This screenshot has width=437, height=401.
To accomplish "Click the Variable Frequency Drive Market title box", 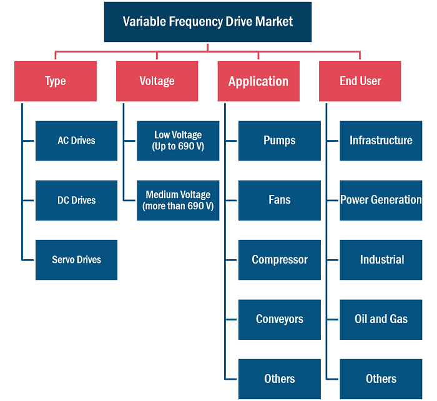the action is coord(208,22).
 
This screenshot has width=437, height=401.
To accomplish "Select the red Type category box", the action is coord(56,81).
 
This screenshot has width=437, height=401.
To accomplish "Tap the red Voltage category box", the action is coord(157,81).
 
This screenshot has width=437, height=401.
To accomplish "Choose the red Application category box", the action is coord(258,81).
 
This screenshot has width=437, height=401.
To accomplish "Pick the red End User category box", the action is coord(360,81).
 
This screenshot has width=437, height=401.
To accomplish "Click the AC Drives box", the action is coord(76,141).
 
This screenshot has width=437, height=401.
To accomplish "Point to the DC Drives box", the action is coord(76,200).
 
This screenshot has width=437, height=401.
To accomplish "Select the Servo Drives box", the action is coord(76,260).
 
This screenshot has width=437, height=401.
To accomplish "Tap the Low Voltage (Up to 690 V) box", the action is coord(178,141).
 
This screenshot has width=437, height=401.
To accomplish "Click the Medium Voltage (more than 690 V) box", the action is coord(178,200).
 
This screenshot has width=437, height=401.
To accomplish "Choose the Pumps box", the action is coord(280,141).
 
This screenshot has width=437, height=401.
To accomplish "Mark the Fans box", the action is coord(280,200).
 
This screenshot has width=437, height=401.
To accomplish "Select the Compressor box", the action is coord(280,260).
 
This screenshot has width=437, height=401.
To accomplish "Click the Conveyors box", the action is coord(280,320).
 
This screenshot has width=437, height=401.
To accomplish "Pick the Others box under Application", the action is coord(280,379).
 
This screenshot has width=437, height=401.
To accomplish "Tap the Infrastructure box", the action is coord(381,141).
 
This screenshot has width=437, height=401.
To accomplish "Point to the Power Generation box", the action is coord(381,200).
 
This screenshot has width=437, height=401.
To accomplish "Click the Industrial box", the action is coord(381,260).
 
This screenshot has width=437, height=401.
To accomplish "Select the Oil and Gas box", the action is coord(381,320).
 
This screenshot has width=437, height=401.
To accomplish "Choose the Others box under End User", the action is coord(381,379).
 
